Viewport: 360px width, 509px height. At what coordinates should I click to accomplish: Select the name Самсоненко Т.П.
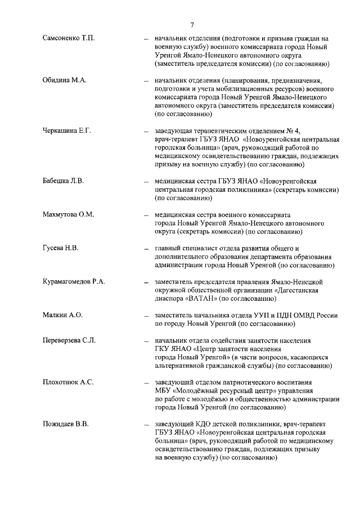69,38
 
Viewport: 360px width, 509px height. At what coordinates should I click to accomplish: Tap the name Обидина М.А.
64,81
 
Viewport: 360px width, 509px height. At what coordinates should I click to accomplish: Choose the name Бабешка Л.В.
63,181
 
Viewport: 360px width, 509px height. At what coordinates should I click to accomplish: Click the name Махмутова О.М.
68,214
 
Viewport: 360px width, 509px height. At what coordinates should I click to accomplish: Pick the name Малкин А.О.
62,315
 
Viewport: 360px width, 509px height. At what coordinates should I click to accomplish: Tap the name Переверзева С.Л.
69,341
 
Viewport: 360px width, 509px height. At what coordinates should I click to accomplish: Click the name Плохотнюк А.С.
67,382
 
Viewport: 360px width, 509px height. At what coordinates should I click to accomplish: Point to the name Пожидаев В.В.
66,424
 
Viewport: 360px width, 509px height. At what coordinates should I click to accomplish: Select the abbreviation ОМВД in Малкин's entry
295,315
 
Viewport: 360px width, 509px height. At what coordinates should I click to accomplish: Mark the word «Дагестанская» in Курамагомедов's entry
299,290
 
